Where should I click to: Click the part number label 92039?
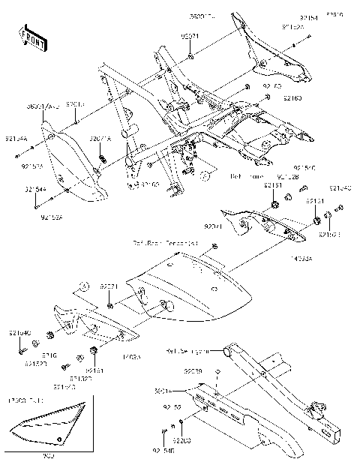[193, 370]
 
